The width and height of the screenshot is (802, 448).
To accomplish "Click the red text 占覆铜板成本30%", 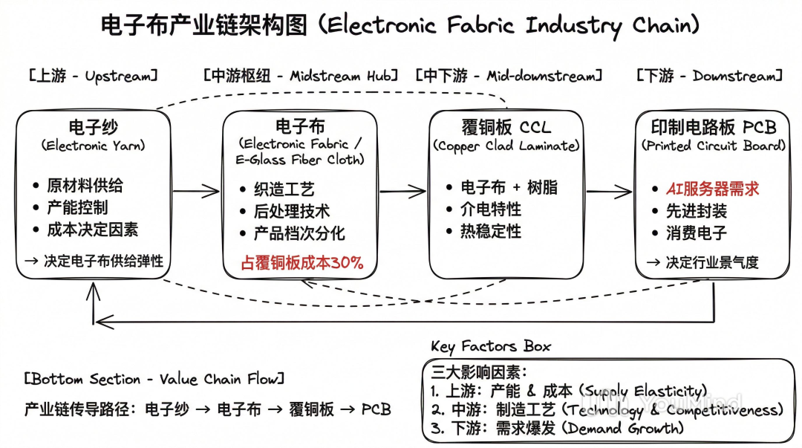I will pos(301,262).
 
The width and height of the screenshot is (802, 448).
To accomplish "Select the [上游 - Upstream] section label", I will pos(94,77).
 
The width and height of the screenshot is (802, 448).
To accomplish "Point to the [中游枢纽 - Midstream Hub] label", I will pos(301,77).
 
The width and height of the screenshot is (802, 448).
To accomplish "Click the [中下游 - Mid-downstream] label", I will pos(509,77).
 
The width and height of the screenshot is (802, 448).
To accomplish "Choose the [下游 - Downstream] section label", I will pos(709,77).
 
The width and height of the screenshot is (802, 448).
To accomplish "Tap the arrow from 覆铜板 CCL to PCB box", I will pos(608,192).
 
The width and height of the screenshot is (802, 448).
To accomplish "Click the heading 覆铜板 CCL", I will pos(506,126).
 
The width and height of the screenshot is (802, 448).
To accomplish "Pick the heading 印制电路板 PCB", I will pos(713,126).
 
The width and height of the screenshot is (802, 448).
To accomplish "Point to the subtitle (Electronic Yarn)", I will pos(93,146).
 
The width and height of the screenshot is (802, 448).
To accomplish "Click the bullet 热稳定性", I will pos(491,232).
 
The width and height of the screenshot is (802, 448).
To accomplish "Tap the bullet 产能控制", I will pos(77,207).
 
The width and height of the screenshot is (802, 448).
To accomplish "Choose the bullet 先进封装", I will pos(697,211).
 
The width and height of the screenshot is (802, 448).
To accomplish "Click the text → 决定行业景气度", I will pos(702,262).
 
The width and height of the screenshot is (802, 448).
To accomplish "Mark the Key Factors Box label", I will pos(491,347).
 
